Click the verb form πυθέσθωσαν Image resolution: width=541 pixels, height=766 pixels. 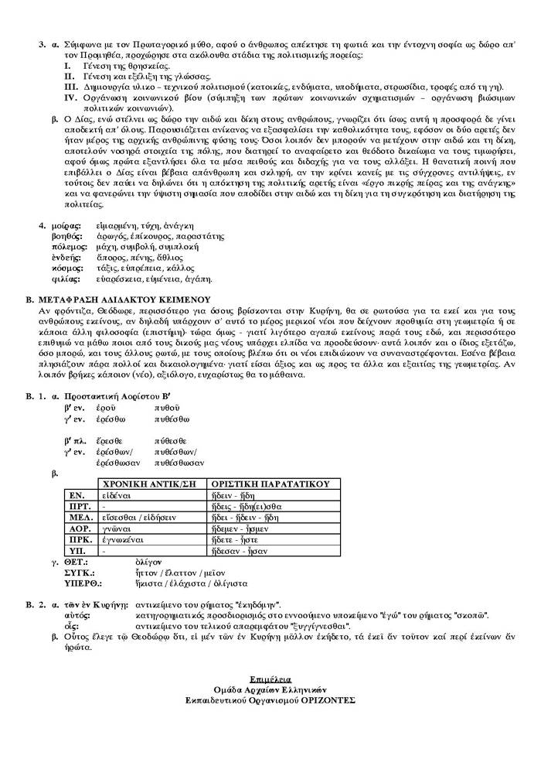179,462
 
